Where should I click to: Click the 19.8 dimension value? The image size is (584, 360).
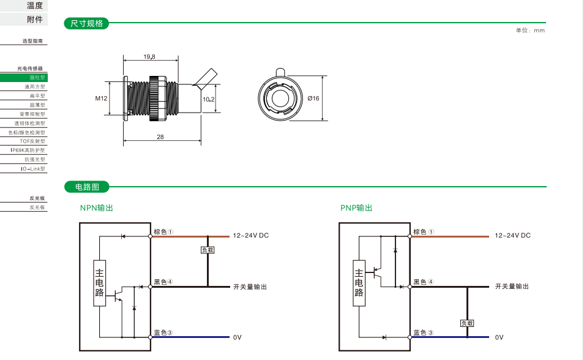149,56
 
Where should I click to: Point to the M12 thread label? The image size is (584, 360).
101,98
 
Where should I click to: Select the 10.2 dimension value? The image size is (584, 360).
209,99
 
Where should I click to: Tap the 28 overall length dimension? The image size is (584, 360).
160,137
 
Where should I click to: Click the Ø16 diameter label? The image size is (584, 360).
313,99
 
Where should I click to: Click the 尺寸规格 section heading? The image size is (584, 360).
87,24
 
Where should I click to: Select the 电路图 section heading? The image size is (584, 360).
87,187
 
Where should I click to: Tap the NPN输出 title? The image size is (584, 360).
97,208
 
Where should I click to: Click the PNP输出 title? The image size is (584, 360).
356,208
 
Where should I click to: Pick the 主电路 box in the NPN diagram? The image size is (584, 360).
100,284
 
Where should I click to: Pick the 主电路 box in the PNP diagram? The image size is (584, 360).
359,284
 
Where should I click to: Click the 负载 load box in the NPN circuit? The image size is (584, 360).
208,250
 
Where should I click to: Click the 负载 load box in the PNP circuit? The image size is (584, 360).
467,323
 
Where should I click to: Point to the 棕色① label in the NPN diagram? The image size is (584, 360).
163,232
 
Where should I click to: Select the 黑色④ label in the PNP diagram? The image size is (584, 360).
423,282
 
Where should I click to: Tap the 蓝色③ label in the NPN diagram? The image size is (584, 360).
163,333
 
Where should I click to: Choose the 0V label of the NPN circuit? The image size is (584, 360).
238,337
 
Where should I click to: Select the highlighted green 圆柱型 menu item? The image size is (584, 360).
23,78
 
